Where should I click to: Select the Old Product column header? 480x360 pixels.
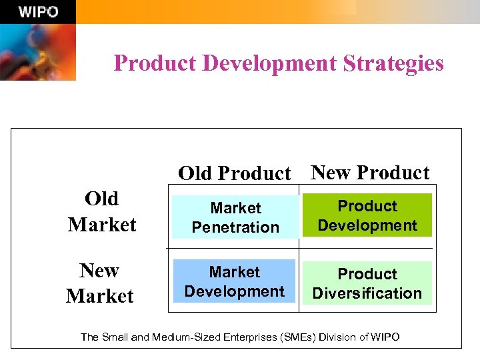pyautogui.click(x=235, y=173)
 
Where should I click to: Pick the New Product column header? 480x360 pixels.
pyautogui.click(x=371, y=173)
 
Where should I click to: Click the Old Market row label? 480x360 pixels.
pyautogui.click(x=102, y=211)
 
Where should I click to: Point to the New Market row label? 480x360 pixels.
pyautogui.click(x=100, y=283)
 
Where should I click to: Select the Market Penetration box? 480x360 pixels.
pyautogui.click(x=235, y=217)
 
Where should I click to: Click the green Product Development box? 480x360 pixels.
pyautogui.click(x=367, y=215)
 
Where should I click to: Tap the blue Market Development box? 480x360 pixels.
pyautogui.click(x=235, y=281)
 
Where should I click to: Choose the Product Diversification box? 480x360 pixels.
pyautogui.click(x=367, y=283)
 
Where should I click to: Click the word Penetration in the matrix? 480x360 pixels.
pyautogui.click(x=235, y=227)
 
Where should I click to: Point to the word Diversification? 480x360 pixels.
pyautogui.click(x=367, y=293)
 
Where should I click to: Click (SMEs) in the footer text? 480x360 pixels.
pyautogui.click(x=297, y=337)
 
